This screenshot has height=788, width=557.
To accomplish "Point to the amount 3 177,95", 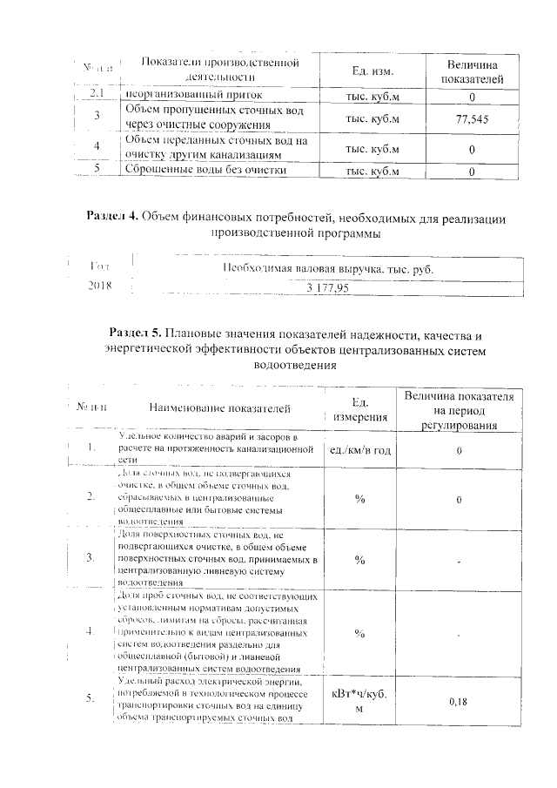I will tap(327, 287).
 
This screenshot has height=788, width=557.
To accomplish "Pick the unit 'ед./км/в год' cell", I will tap(359, 449).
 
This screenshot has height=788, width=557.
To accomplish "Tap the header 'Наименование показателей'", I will tap(219, 407).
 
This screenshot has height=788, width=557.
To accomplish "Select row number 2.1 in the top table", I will tap(97, 94).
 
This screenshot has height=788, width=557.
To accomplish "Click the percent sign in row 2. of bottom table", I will tap(359, 499).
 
